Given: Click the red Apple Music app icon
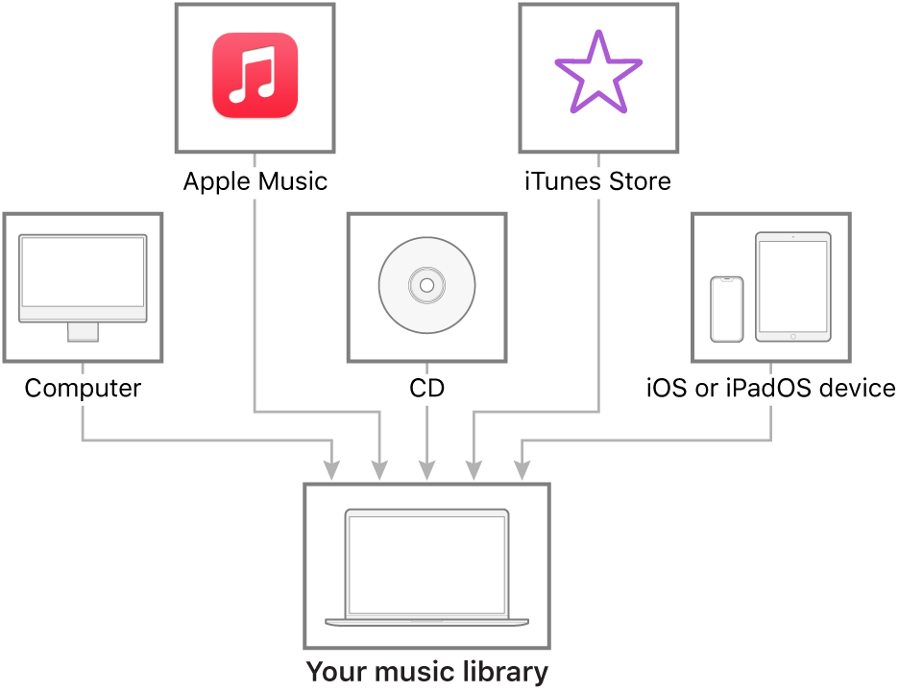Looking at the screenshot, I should coord(255,76).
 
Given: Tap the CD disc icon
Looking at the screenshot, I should coord(426,286).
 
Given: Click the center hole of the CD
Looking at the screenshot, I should coord(426,285).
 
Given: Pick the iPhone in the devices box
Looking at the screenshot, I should coord(726,309).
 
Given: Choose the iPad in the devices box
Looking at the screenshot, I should coord(792,286).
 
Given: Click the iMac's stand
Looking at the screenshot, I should coord(83,332).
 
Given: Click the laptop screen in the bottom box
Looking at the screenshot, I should coord(426,563).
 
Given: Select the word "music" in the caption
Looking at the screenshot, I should coord(401,672).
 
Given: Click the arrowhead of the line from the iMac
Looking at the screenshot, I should coord(332,471).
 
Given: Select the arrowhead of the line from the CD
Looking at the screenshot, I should coord(426,471).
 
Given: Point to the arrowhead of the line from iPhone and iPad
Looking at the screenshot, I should coord(522,471).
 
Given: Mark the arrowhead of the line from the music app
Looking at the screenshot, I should coord(379,471).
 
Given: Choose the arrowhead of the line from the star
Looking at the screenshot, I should coord(474,471).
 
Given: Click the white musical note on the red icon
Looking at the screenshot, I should coord(255,77).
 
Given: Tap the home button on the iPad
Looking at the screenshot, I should coord(792,336).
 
